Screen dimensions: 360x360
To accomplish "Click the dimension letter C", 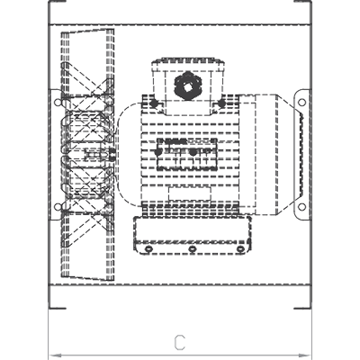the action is pyautogui.click(x=180, y=342).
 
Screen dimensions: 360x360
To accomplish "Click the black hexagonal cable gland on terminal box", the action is pyautogui.click(x=188, y=85).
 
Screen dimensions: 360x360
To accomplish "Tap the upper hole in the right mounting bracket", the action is pyautogui.click(x=302, y=103).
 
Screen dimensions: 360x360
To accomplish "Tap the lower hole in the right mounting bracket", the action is pyautogui.click(x=302, y=207).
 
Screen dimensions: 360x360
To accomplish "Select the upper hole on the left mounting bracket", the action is pyautogui.click(x=58, y=103).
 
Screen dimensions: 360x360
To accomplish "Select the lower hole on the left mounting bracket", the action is pyautogui.click(x=58, y=207).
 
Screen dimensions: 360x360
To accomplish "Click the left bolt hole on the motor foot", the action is pyautogui.click(x=148, y=249).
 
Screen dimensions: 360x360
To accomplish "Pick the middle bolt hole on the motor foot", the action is pyautogui.click(x=193, y=249).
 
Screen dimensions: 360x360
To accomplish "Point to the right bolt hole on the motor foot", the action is pyautogui.click(x=240, y=249).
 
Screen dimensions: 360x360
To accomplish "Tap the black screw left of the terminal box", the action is pyautogui.click(x=154, y=103).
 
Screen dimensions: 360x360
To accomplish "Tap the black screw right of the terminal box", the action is pyautogui.click(x=221, y=103).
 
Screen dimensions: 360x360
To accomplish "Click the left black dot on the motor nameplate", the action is pyautogui.click(x=157, y=152).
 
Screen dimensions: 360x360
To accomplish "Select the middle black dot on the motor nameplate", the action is pyautogui.click(x=193, y=152).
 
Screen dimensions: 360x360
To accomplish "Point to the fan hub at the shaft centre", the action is pyautogui.click(x=112, y=155).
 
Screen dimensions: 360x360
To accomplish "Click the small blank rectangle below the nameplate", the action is pyautogui.click(x=190, y=193).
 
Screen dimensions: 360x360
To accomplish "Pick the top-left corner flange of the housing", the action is pyautogui.click(x=57, y=2).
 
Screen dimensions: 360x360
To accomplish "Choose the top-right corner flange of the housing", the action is pyautogui.click(x=303, y=2).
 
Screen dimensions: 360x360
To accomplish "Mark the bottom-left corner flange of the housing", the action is pyautogui.click(x=57, y=308).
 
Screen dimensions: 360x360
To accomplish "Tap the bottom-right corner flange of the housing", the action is pyautogui.click(x=303, y=308).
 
